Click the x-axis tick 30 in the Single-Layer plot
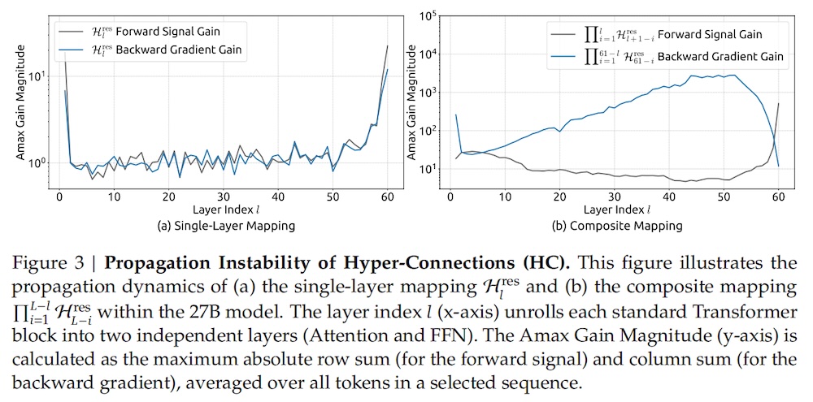[x=224, y=197]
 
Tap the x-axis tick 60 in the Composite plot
[x=779, y=197]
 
